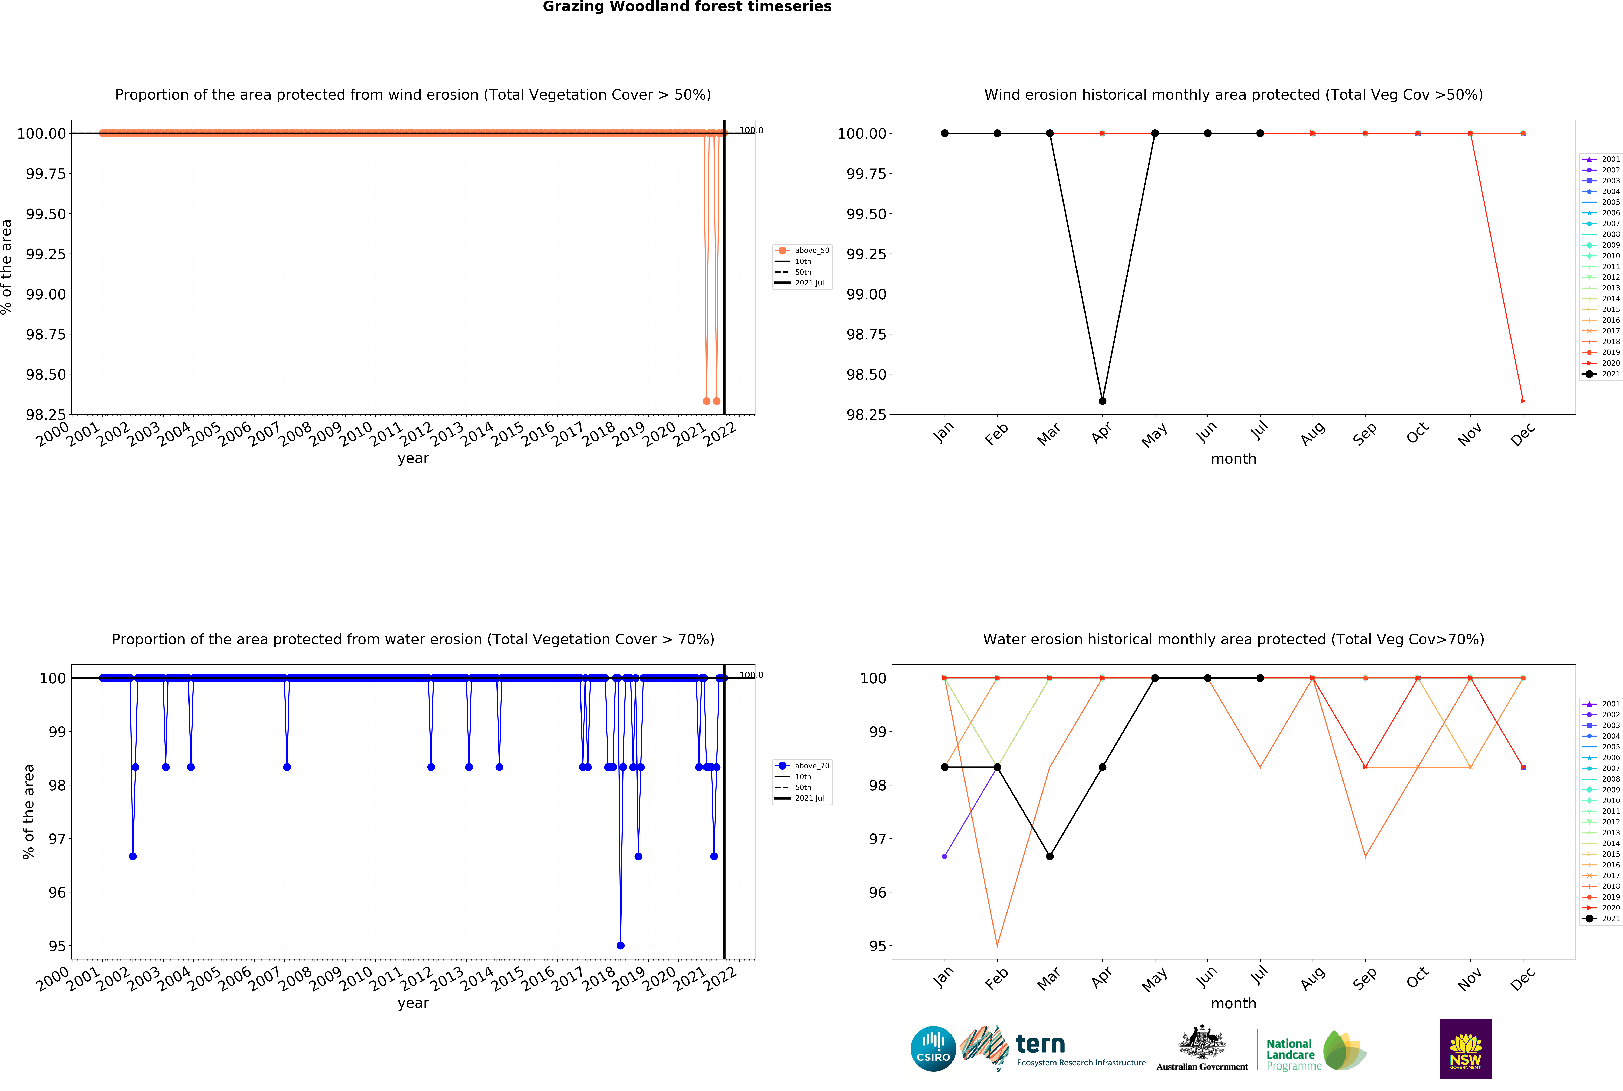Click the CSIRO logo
[933, 1048]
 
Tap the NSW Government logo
[1465, 1048]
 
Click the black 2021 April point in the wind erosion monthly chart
[1102, 401]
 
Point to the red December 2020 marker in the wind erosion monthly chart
[1523, 401]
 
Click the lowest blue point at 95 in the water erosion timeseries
[621, 946]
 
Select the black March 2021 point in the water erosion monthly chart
[1050, 857]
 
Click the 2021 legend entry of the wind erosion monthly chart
[1601, 374]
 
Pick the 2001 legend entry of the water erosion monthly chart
[1601, 704]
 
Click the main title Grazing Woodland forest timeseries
[687, 7]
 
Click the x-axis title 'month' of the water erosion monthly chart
[1233, 1003]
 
